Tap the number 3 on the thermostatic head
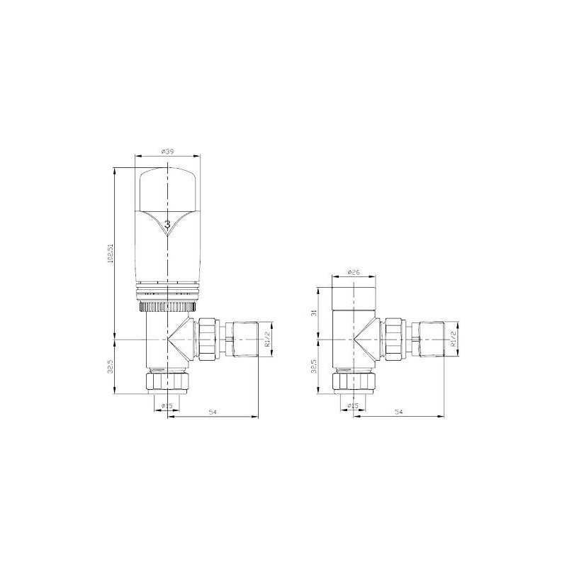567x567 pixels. [x=167, y=224]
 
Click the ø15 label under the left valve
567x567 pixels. [x=167, y=405]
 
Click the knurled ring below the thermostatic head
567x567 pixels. [x=167, y=307]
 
